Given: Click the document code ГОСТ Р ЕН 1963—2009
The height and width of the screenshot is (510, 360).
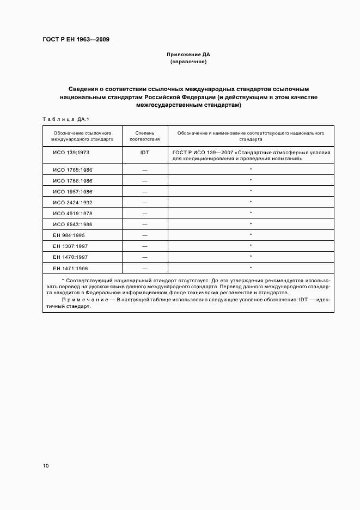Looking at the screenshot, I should click(76, 39).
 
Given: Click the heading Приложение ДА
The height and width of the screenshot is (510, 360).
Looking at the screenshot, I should click(188, 55).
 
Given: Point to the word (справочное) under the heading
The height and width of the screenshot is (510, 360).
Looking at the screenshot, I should click(188, 62).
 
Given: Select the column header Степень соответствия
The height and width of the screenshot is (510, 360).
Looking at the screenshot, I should click(144, 136).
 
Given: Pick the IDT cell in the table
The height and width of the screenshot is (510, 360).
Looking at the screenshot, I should click(144, 153).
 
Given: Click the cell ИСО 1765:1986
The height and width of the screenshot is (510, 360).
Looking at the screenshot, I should click(72, 169).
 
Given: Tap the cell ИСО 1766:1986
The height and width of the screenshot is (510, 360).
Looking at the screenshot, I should click(72, 180).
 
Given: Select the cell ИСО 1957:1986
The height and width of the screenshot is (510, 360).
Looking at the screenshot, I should click(72, 191).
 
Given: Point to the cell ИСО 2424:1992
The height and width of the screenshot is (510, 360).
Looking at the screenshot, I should click(72, 202).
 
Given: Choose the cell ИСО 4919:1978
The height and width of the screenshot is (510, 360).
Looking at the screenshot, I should click(72, 213).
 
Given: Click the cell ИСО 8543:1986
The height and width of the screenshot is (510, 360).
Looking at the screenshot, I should click(72, 224).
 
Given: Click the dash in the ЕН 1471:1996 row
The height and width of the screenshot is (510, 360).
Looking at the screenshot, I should click(144, 268).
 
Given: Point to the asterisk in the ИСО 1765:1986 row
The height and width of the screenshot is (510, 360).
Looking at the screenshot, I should click(251, 169).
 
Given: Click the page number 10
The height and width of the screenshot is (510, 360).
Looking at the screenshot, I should click(45, 466).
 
